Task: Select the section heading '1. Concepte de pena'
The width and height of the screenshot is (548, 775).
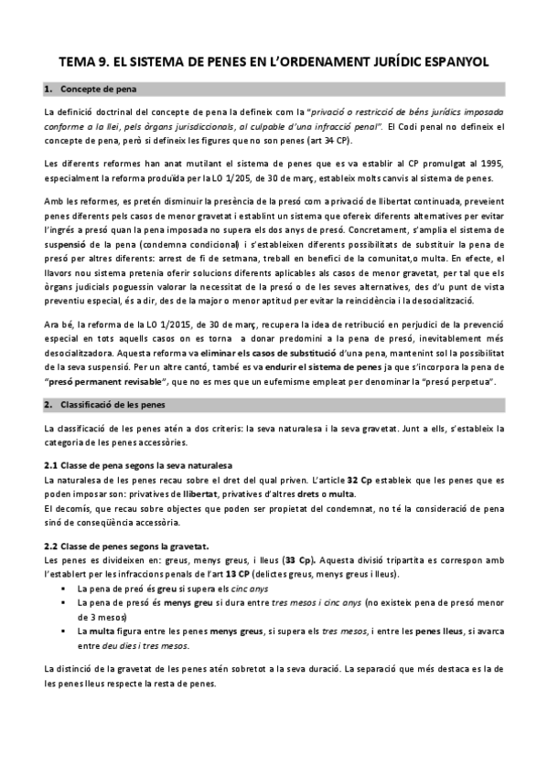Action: (96, 90)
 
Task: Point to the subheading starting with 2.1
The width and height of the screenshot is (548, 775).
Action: (137, 465)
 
